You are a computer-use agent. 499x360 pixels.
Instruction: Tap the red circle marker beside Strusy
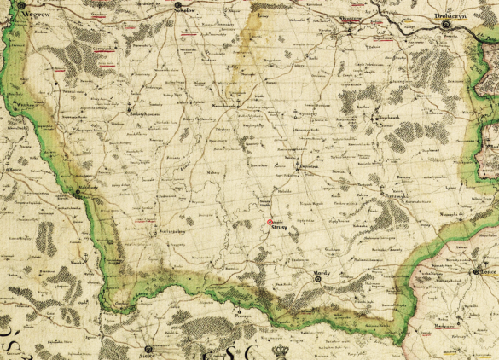click(270, 222)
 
